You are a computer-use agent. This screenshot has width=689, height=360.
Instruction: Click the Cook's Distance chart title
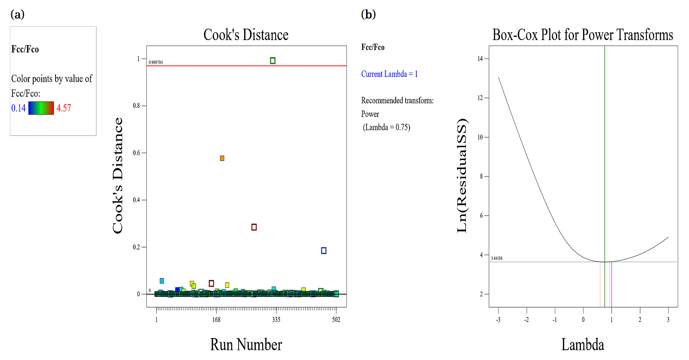[x=246, y=35]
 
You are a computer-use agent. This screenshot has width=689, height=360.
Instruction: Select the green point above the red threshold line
[x=273, y=61]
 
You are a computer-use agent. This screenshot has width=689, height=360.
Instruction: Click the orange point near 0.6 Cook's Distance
[x=222, y=158]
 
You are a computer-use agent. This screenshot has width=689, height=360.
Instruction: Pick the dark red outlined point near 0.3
[x=254, y=227]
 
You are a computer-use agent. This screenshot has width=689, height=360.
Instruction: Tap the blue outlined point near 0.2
[x=324, y=251]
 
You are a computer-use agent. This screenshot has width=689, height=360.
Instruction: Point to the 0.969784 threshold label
[x=156, y=62]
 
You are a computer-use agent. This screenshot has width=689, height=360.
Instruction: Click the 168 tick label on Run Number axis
[x=216, y=320]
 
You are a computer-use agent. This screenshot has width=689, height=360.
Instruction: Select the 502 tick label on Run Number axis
[x=336, y=320]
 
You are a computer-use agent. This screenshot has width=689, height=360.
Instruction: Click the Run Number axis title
[x=246, y=345]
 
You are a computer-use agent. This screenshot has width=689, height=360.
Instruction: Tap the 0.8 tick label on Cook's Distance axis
[x=137, y=106]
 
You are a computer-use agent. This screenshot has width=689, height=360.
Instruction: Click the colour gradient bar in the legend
[x=41, y=108]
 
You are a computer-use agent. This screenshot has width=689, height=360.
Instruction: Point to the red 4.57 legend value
[x=64, y=108]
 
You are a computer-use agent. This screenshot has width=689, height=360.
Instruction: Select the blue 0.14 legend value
[x=19, y=108]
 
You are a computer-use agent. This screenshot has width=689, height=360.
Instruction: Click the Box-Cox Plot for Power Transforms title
[x=583, y=35]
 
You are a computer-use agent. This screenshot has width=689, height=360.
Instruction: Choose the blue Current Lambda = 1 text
[x=389, y=74]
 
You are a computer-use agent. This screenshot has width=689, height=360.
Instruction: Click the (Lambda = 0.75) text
[x=386, y=127]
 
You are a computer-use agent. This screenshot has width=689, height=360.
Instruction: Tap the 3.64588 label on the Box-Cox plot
[x=497, y=258]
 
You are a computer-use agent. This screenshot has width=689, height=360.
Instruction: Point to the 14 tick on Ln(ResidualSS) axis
[x=480, y=59]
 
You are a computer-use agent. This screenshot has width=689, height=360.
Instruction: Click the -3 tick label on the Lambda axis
[x=498, y=320]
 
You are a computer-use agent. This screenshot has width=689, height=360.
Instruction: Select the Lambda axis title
[x=583, y=345]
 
